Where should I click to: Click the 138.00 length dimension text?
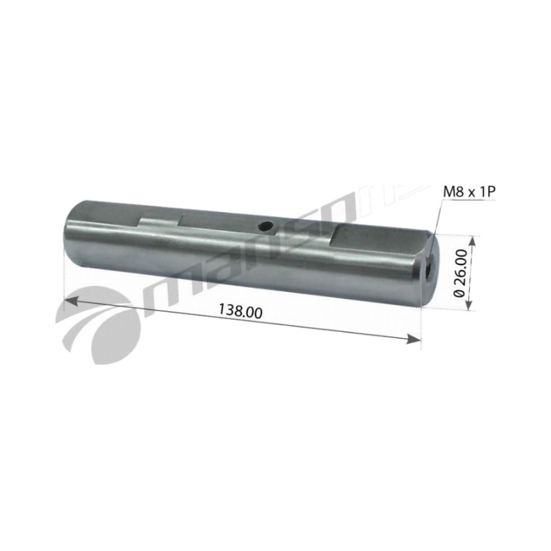pyautogui.click(x=240, y=311)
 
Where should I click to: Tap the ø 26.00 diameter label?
pyautogui.click(x=460, y=273)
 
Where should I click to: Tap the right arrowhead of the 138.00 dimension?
pyautogui.click(x=413, y=339)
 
